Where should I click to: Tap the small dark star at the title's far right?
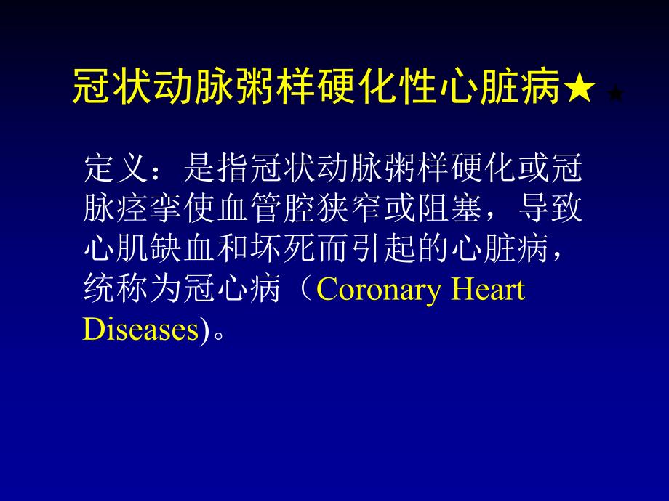click(x=614, y=94)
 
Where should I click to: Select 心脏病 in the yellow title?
click(x=513, y=89)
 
